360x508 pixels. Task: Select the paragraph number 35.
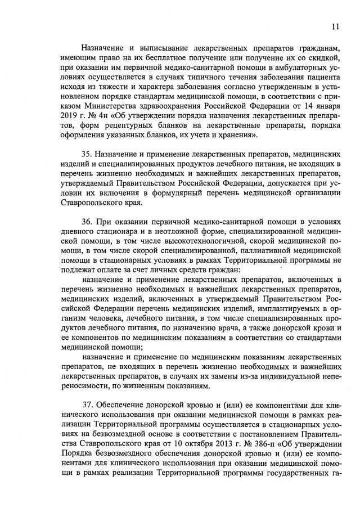(87, 154)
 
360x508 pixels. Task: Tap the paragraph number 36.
(87, 219)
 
